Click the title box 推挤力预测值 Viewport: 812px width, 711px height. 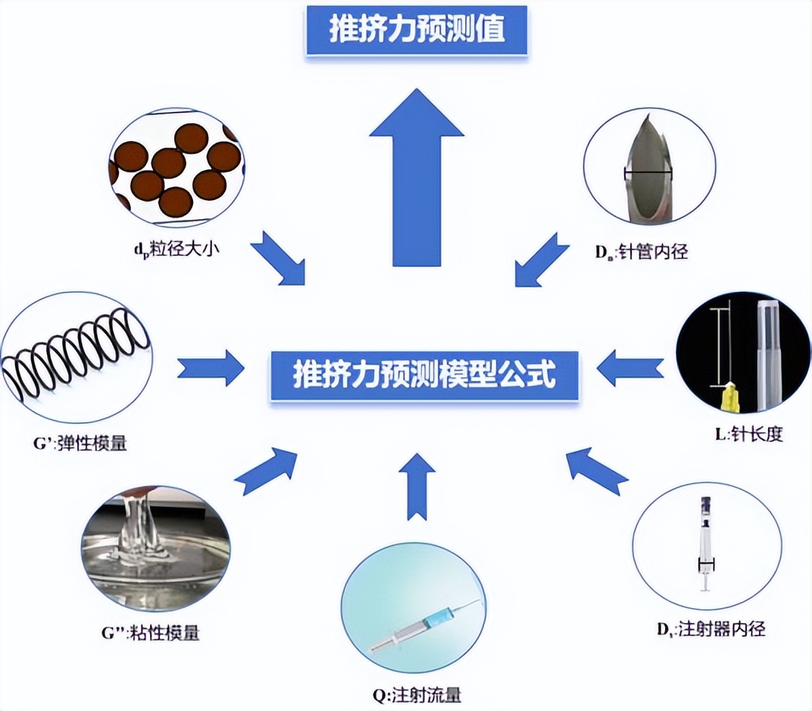coord(416,30)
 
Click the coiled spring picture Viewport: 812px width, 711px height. coord(77,353)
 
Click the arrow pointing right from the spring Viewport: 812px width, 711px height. coord(211,369)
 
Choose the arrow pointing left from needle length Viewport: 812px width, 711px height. coord(628,368)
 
